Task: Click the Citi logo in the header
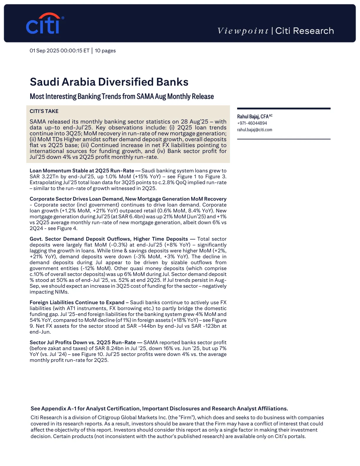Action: (x=44, y=24)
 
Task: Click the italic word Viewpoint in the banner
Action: (x=243, y=31)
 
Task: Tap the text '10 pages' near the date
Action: (x=105, y=51)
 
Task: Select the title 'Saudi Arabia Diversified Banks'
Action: (x=109, y=82)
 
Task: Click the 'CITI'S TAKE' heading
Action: (x=44, y=111)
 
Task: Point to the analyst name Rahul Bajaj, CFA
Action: (x=253, y=116)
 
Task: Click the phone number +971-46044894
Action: (x=252, y=123)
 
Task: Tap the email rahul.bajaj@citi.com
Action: (x=255, y=130)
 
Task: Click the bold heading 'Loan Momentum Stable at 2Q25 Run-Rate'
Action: (x=82, y=171)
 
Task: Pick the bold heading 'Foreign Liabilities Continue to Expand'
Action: (x=77, y=302)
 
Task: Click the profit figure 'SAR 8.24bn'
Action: (x=108, y=348)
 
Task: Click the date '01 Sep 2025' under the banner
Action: (x=44, y=51)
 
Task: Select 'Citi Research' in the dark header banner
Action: (x=304, y=31)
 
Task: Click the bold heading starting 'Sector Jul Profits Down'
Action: (x=83, y=342)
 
